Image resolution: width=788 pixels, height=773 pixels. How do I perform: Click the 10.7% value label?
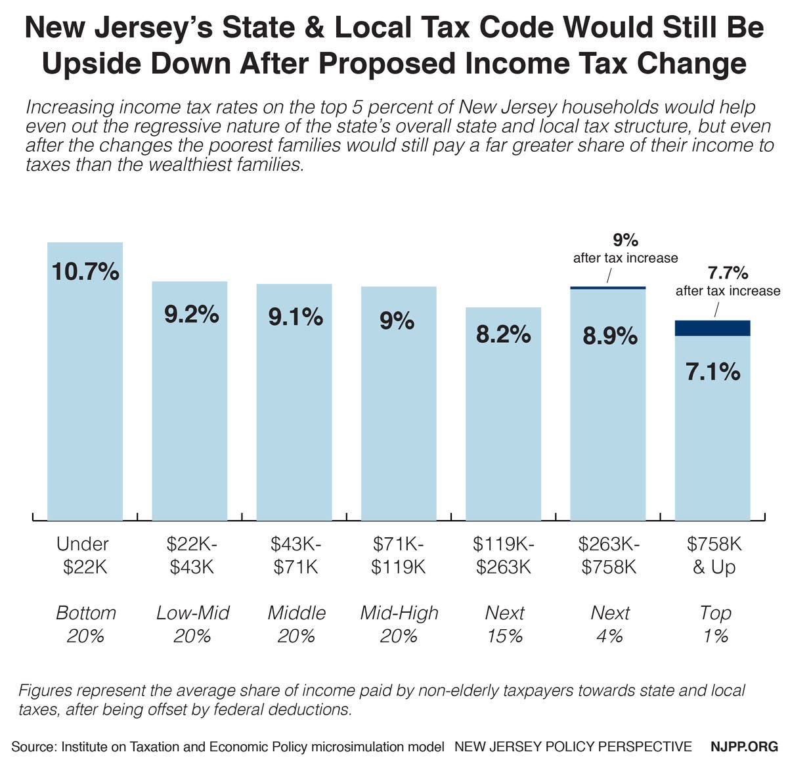85,271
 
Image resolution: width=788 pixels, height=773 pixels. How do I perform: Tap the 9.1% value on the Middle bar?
295,317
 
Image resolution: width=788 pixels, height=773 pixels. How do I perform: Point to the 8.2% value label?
503,335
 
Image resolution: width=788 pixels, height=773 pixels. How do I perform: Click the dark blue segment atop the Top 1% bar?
712,328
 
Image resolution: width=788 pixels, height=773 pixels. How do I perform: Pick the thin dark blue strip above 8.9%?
607,288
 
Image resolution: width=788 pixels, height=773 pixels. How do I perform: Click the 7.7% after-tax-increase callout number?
728,272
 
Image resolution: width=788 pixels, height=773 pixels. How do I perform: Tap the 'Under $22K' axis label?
83,555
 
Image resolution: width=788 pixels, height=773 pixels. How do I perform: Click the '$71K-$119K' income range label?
399,555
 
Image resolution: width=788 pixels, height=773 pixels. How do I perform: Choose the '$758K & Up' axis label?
714,555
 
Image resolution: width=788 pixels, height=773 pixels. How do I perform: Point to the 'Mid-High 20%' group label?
399,624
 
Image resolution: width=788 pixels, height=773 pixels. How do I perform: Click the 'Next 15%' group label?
504,624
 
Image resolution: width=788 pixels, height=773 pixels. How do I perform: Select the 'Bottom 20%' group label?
85,624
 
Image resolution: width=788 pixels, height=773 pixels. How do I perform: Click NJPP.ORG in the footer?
744,747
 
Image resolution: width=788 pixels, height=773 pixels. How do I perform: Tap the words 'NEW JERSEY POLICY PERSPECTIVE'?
573,747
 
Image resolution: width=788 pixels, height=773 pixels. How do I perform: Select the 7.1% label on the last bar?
712,372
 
